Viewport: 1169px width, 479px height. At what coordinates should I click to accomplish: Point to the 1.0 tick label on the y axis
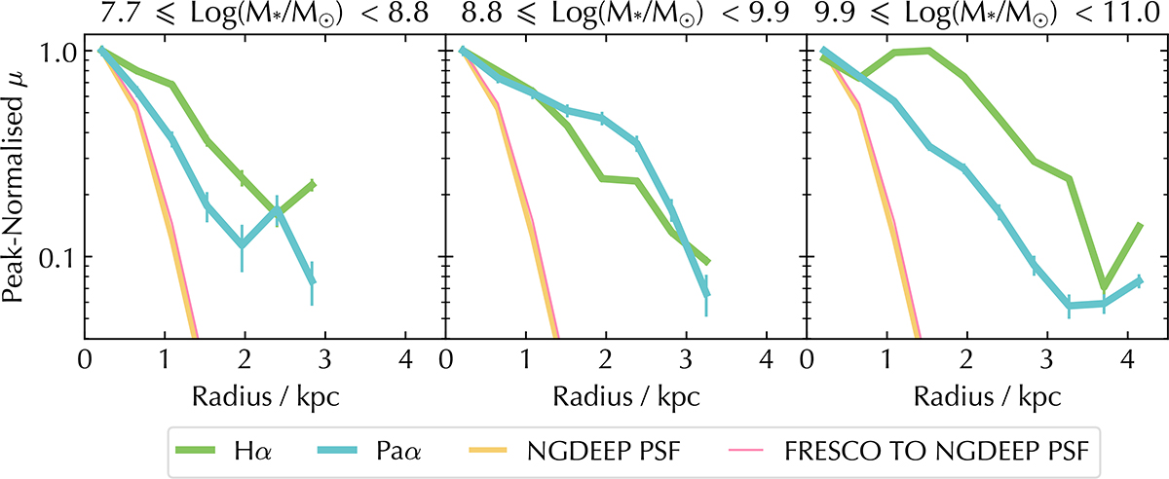[x=52, y=52]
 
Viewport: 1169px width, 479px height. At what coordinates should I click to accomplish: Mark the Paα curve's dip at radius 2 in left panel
[x=242, y=244]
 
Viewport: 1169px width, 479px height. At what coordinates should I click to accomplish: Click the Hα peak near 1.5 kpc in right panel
[x=929, y=52]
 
